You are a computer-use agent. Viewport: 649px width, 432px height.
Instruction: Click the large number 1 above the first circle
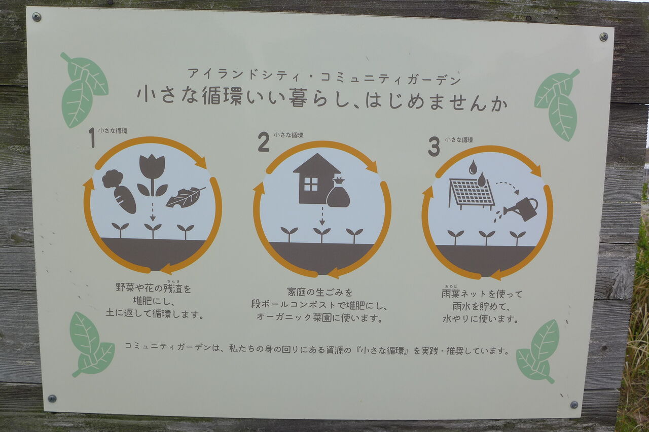[92, 138]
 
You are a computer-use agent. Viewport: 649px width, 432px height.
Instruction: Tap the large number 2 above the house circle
[263, 141]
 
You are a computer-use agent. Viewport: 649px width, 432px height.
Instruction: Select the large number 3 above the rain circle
[434, 147]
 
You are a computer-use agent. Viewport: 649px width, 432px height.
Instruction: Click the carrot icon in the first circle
[119, 191]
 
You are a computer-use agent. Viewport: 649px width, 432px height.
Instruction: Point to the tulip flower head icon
[152, 166]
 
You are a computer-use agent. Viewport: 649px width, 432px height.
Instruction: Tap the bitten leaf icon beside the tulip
[186, 197]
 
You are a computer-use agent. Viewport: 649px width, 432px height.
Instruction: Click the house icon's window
[311, 184]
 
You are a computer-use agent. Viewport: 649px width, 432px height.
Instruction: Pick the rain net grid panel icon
[471, 192]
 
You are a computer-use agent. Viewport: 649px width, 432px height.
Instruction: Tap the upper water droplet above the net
[473, 167]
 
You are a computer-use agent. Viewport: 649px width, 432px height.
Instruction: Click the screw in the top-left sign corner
[37, 17]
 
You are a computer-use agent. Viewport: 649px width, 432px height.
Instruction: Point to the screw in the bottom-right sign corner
[574, 405]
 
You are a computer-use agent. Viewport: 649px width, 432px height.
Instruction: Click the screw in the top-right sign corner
[603, 37]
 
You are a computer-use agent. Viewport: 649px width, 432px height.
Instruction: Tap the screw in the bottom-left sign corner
[52, 399]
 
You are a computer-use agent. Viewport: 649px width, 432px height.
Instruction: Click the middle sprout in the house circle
[322, 235]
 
